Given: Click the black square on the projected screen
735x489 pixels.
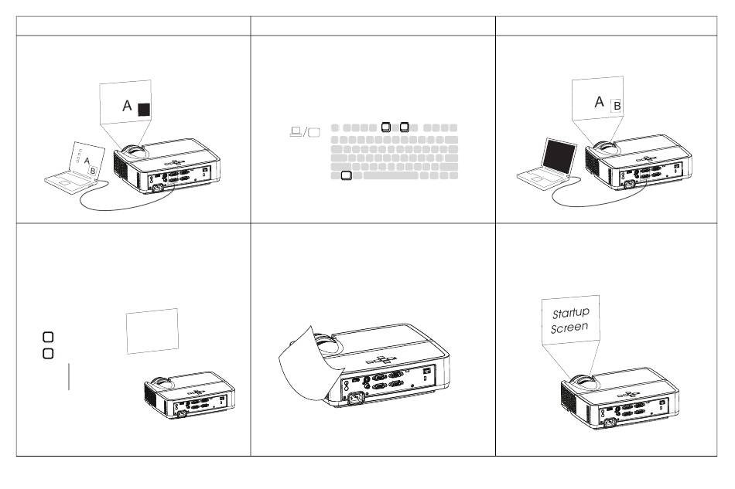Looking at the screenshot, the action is pyautogui.click(x=144, y=110).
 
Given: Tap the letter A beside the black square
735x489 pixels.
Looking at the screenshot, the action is pyautogui.click(x=127, y=106).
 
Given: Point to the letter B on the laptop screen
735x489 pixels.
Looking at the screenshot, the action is pyautogui.click(x=92, y=171).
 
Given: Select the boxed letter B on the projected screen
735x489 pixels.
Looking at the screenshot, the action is pyautogui.click(x=617, y=106).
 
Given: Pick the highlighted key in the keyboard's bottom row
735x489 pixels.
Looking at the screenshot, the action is pyautogui.click(x=346, y=175).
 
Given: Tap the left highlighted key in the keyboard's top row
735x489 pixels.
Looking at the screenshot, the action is pyautogui.click(x=386, y=127).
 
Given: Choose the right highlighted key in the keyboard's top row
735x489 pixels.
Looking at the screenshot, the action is pyautogui.click(x=405, y=127).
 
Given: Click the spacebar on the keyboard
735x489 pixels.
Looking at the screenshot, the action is pyautogui.click(x=391, y=175).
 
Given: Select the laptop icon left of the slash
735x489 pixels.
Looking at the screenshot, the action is pyautogui.click(x=296, y=131).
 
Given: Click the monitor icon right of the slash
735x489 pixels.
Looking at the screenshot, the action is pyautogui.click(x=314, y=132).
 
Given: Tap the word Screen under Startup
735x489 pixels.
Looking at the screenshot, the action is pyautogui.click(x=569, y=328).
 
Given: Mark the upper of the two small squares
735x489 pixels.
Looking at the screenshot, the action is pyautogui.click(x=48, y=337).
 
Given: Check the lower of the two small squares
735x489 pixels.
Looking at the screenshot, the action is pyautogui.click(x=48, y=353).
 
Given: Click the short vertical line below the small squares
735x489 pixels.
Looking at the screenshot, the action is pyautogui.click(x=69, y=377).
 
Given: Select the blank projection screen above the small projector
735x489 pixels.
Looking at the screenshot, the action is pyautogui.click(x=152, y=331).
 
